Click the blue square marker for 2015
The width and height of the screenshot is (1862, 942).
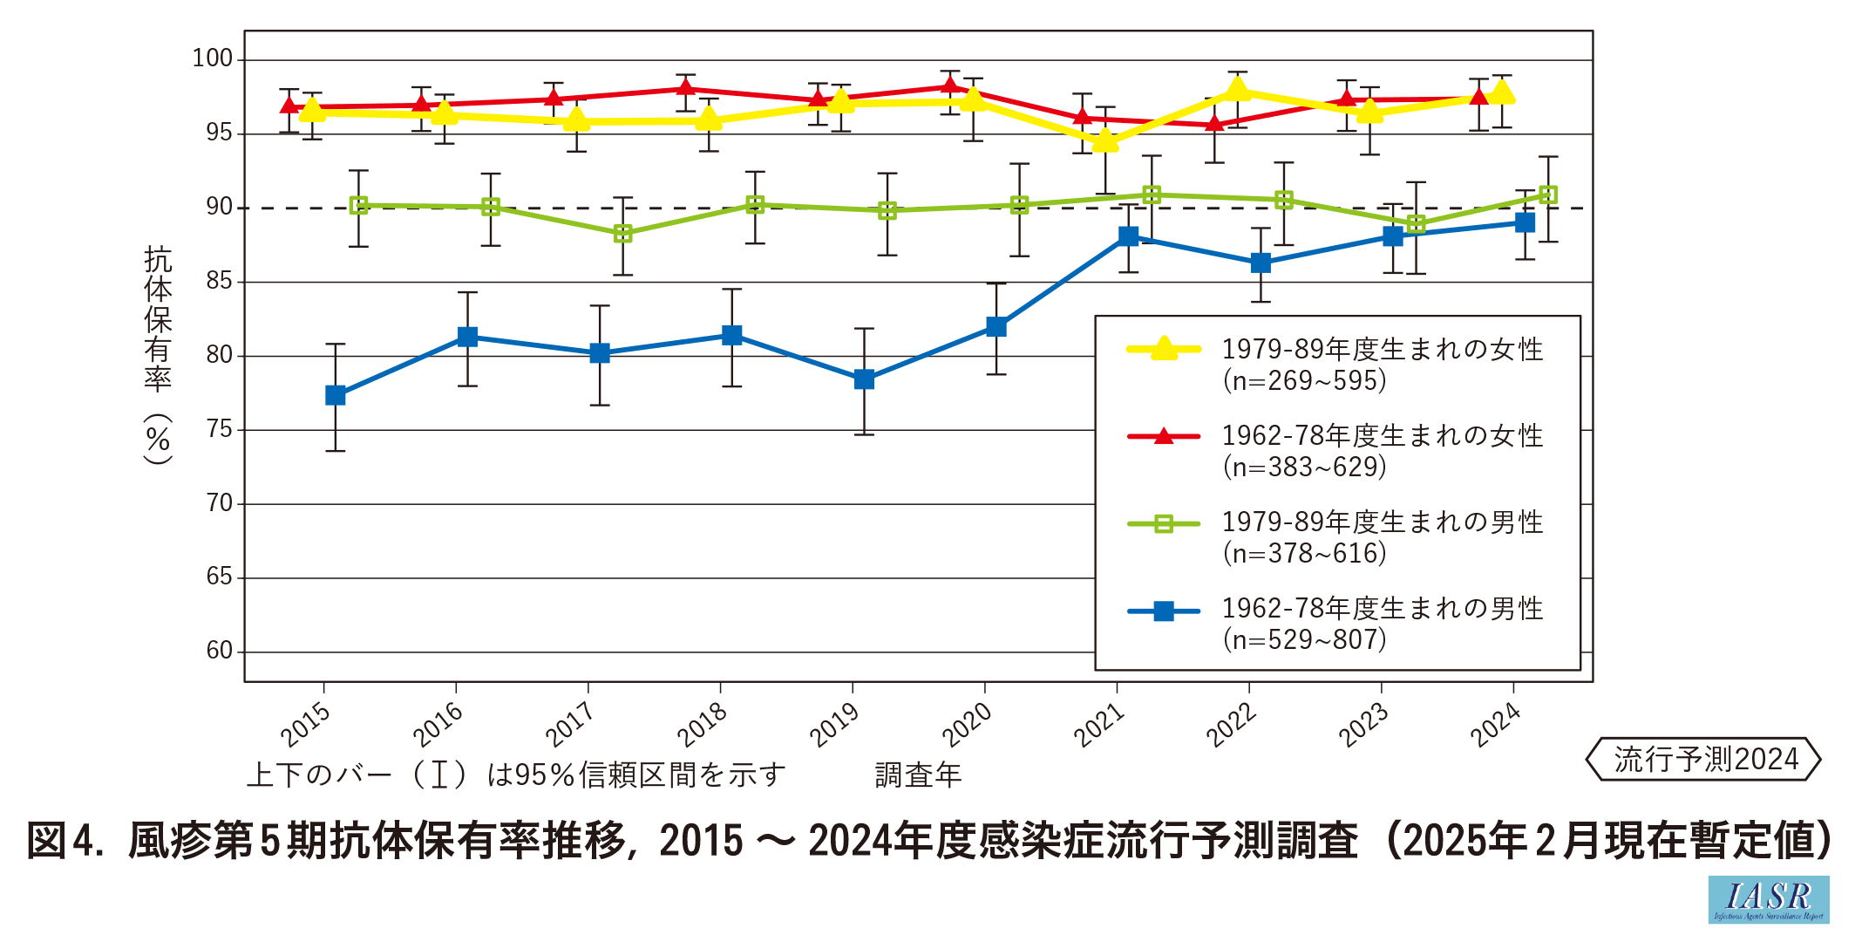336,395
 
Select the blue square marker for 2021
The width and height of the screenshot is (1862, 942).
1128,236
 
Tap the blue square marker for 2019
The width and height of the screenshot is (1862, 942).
864,379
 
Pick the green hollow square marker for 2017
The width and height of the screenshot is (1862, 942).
622,234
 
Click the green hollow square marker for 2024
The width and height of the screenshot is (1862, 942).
1548,195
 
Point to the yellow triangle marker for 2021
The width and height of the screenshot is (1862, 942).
1105,140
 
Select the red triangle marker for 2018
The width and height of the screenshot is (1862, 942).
685,87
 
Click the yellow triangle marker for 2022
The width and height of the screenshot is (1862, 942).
1237,89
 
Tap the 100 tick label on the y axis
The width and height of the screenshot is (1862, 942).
213,59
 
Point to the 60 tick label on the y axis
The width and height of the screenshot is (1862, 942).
220,652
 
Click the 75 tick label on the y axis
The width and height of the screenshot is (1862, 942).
220,429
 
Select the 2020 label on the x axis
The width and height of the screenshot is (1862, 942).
967,725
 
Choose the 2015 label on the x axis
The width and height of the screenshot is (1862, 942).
306,725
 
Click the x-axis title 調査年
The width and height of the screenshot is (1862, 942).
918,775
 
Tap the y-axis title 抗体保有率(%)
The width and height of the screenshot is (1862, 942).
159,353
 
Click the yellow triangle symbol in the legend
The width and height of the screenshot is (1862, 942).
1164,350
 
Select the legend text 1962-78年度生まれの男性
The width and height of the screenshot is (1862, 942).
1382,609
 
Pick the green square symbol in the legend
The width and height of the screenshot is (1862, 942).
1164,524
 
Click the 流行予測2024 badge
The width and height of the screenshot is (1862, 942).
1704,759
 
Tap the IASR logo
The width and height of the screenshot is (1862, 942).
1768,899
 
